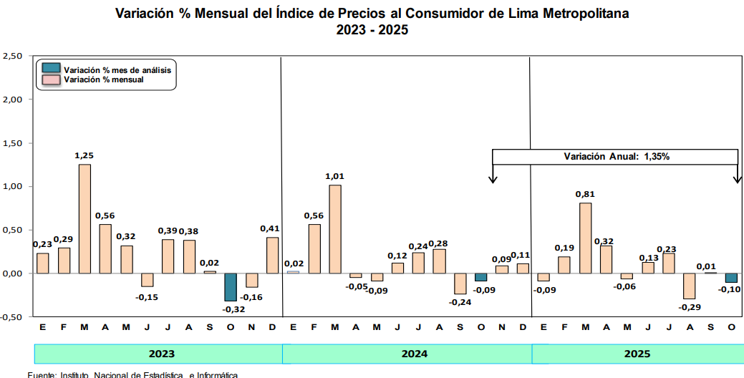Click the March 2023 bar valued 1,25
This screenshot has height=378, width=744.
(84, 218)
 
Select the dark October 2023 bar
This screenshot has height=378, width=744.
(231, 286)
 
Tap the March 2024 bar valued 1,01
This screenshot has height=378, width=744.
(335, 229)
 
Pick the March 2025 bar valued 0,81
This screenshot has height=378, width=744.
(585, 238)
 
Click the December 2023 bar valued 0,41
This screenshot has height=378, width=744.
(272, 256)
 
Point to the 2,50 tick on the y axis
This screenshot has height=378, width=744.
(13, 56)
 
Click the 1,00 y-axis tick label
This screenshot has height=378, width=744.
(13, 186)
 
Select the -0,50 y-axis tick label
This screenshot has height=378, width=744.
(12, 316)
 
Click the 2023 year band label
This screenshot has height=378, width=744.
(161, 354)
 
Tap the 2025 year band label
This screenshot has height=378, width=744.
(637, 354)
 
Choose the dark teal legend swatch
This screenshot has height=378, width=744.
(51, 69)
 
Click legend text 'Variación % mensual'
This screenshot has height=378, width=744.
(104, 79)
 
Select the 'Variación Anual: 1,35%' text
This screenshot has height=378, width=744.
(616, 156)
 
